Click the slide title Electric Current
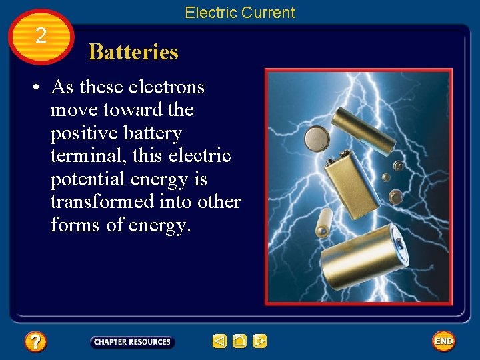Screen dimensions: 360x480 240,13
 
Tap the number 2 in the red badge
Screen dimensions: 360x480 41,36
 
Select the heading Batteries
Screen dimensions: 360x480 133,52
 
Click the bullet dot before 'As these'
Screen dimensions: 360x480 41,88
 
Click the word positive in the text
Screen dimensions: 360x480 84,133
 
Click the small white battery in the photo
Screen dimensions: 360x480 323,223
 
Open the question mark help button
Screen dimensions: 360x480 35,342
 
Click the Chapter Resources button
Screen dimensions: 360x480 132,342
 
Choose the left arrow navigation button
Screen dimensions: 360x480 219,341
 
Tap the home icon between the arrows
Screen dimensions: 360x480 239,341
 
